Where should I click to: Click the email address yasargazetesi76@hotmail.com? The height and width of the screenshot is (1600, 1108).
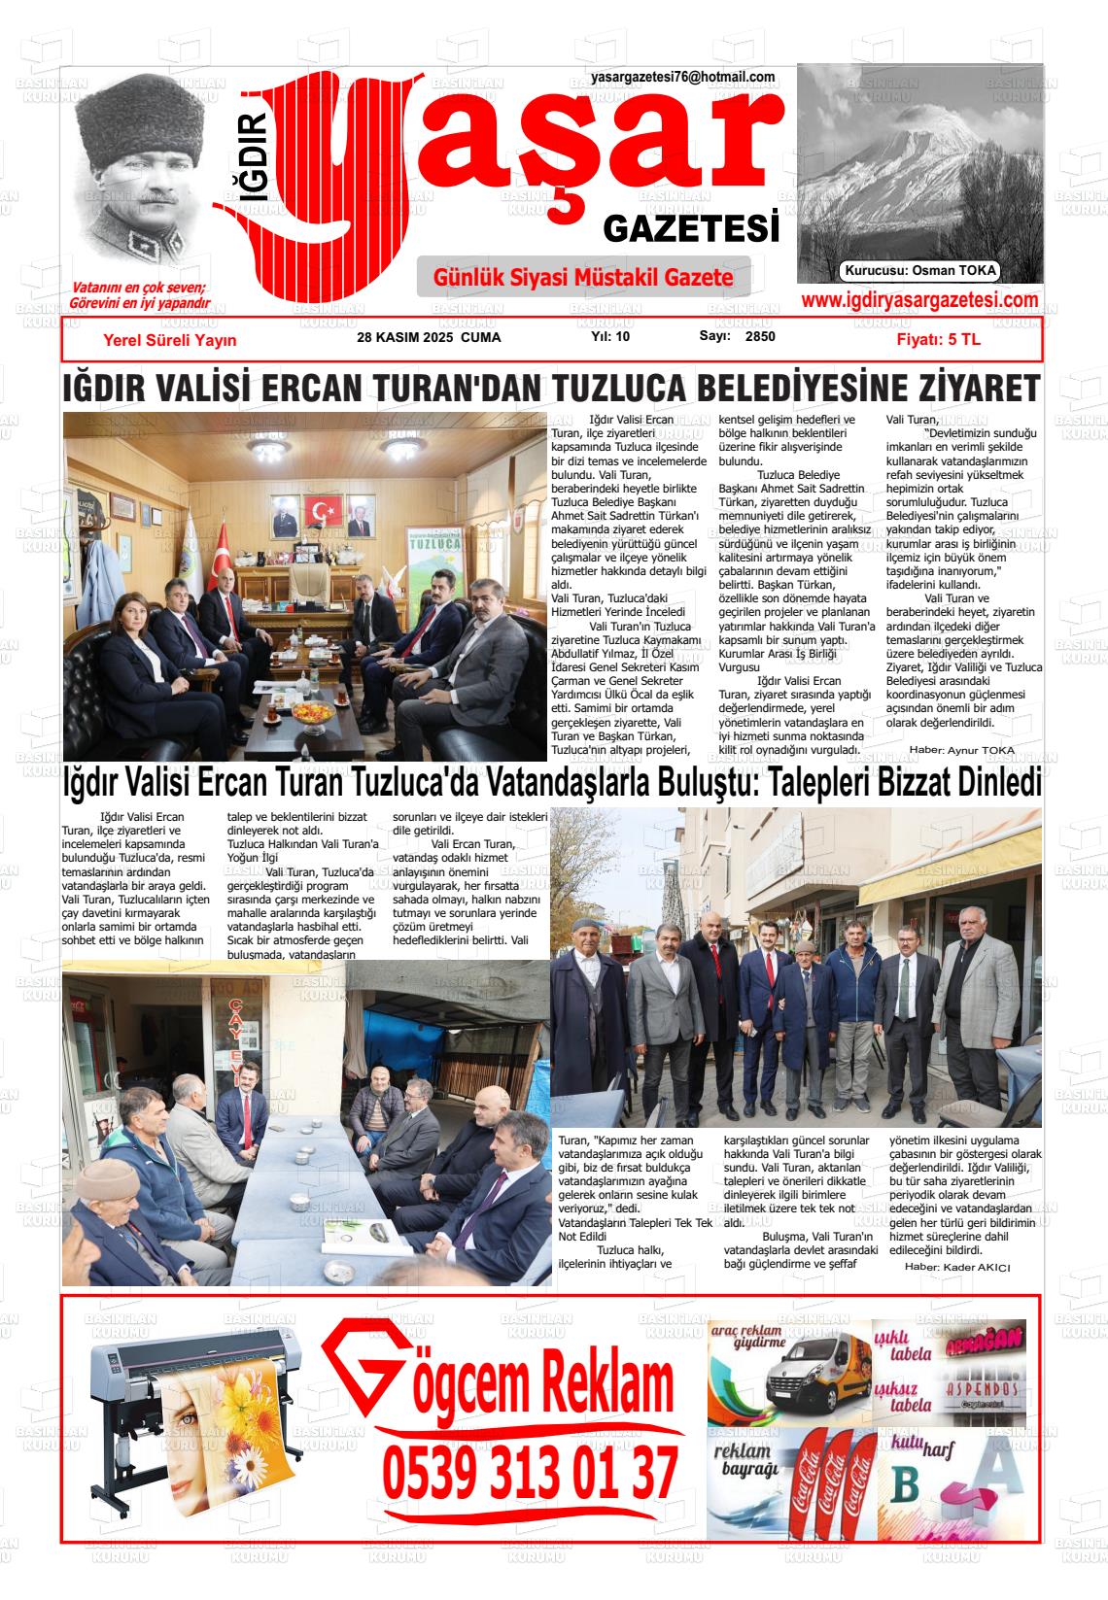682,77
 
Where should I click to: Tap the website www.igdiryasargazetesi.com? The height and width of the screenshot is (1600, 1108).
919,301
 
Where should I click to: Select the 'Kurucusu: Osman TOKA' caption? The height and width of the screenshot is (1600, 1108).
919,271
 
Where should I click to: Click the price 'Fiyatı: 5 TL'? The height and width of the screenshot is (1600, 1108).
938,340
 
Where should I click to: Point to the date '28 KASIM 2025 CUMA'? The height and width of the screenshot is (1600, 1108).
429,337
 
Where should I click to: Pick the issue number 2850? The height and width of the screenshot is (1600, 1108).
760,337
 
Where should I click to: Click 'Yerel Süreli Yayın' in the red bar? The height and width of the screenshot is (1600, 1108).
169,340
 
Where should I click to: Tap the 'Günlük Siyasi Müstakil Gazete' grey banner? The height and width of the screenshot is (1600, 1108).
583,278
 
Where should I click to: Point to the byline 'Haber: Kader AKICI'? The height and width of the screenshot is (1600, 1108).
957,1267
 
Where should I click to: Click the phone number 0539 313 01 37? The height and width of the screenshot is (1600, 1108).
530,1473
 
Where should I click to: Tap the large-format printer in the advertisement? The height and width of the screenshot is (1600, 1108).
194,1399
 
